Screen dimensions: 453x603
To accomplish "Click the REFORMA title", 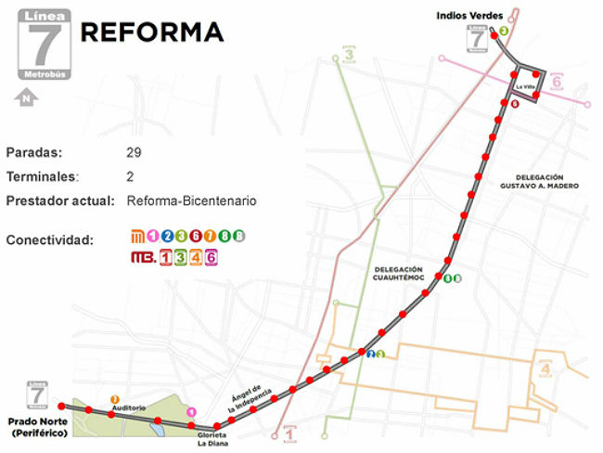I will pyautogui.click(x=152, y=32).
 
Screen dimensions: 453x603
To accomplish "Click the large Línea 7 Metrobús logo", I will pyautogui.click(x=42, y=45).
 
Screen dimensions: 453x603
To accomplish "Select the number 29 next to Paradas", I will pyautogui.click(x=135, y=151).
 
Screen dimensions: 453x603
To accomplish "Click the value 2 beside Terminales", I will pyautogui.click(x=130, y=175).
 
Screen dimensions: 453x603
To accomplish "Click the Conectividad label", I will pyautogui.click(x=50, y=240).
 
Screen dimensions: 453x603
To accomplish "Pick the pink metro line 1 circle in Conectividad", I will pyautogui.click(x=153, y=236).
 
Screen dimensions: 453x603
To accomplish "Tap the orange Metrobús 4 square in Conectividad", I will pyautogui.click(x=196, y=257).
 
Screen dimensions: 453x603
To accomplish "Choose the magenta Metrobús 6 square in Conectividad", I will pyautogui.click(x=211, y=257).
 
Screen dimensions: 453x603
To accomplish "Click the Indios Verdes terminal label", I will pyautogui.click(x=469, y=15).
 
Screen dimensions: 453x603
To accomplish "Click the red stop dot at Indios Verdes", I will pyautogui.click(x=494, y=31).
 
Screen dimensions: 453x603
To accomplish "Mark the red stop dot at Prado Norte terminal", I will pyautogui.click(x=61, y=407).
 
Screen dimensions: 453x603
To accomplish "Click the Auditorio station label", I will pyautogui.click(x=128, y=407).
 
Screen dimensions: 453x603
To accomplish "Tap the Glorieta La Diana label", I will pyautogui.click(x=212, y=438).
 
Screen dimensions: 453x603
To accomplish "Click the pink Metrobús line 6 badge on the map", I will pyautogui.click(x=557, y=83).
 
